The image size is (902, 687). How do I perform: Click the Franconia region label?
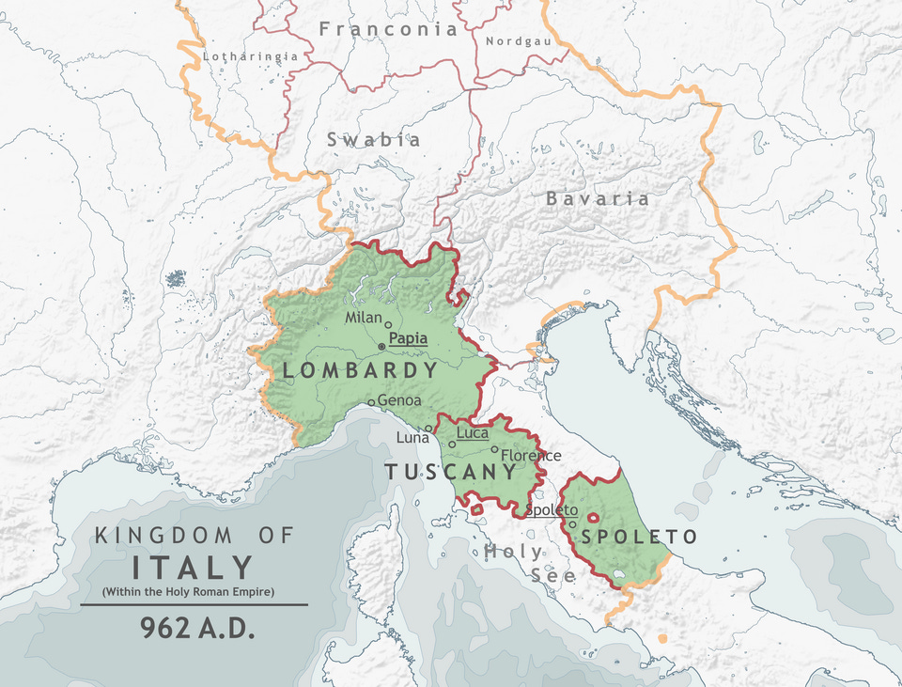click(387, 29)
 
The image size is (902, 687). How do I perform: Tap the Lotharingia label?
click(251, 56)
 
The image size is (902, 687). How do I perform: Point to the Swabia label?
click(373, 140)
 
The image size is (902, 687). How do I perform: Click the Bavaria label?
click(598, 199)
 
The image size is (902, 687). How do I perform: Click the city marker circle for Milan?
click(388, 324)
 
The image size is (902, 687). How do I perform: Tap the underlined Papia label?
click(408, 339)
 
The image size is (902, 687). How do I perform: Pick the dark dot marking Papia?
click(381, 347)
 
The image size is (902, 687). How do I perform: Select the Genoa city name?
click(398, 400)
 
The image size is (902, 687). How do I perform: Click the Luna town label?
click(412, 438)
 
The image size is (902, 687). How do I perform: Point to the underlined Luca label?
click(473, 433)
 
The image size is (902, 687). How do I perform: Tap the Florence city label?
click(531, 456)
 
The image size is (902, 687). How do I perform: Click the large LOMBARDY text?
click(360, 370)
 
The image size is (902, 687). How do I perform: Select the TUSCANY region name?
click(452, 473)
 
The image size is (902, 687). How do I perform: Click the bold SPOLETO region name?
click(639, 537)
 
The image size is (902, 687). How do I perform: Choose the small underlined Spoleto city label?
click(552, 510)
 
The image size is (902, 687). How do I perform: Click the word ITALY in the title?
click(193, 568)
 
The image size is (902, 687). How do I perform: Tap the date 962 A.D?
click(197, 629)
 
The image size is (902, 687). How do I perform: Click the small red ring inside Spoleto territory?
click(593, 517)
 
